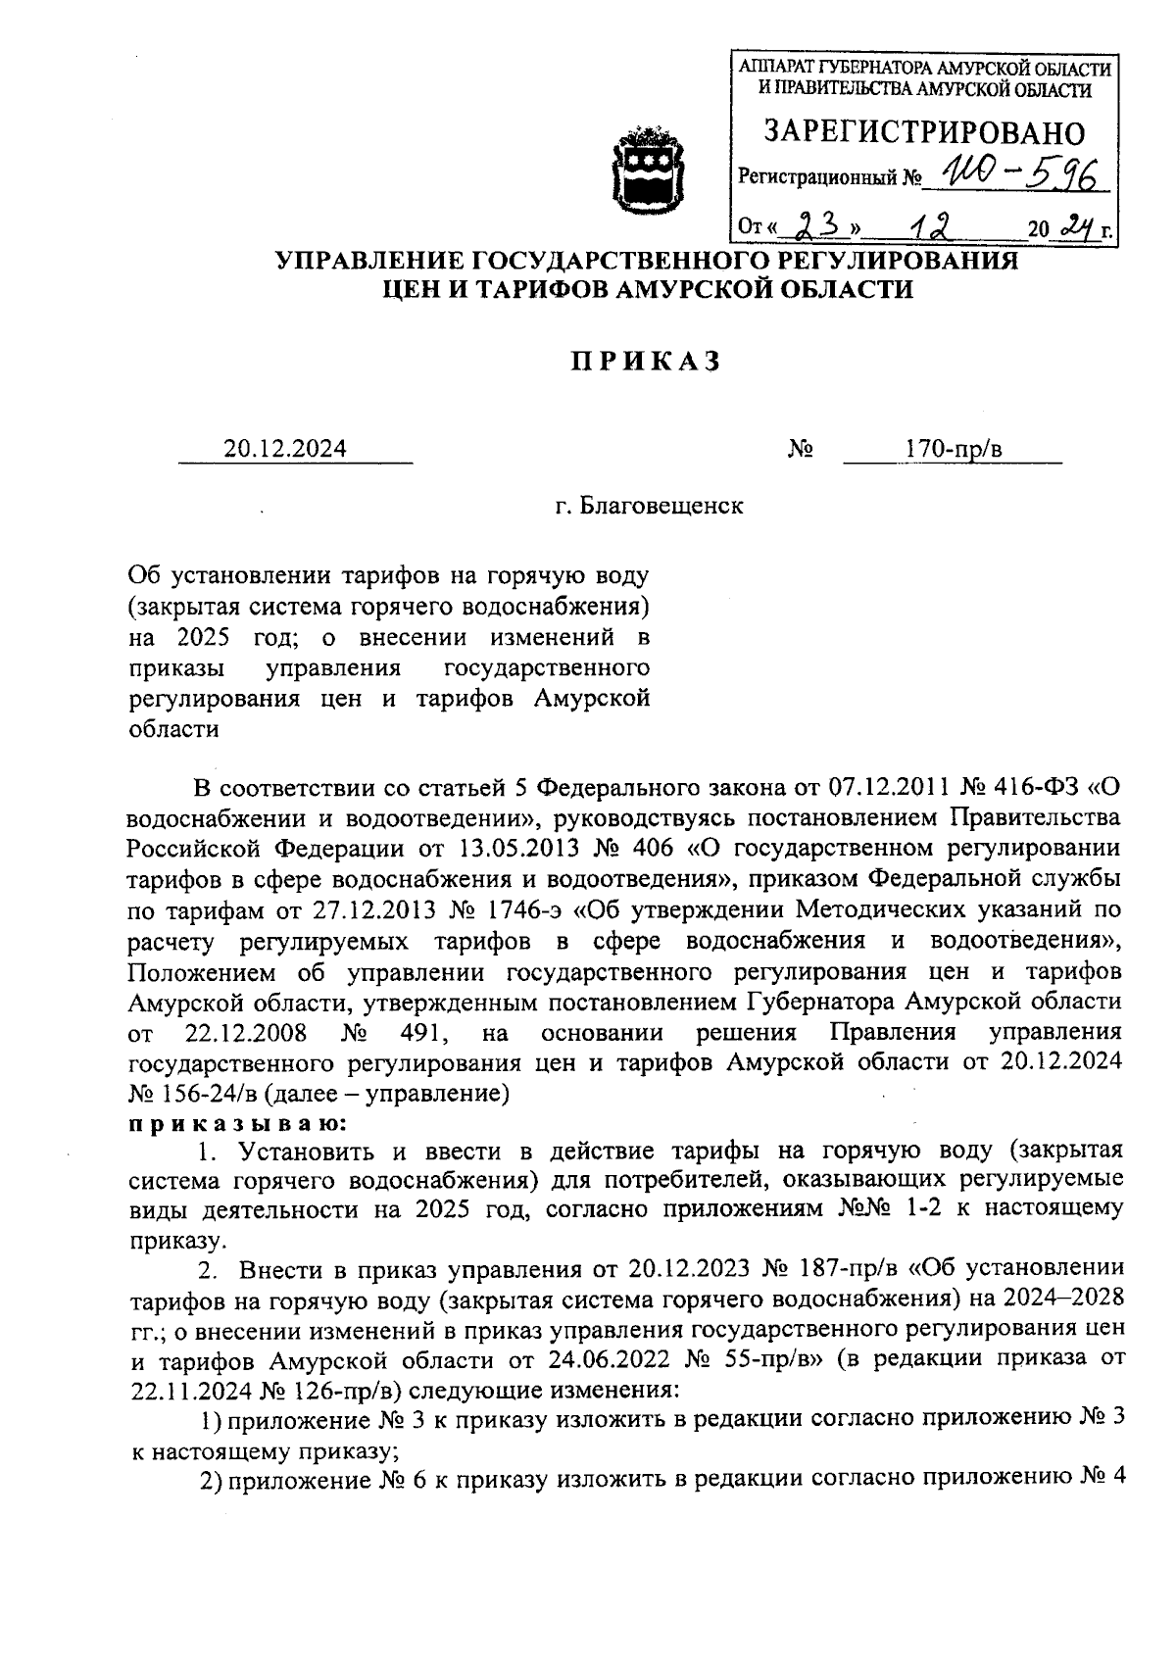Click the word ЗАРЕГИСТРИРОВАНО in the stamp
pos(924,132)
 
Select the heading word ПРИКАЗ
pos(646,362)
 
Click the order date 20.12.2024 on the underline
pos(285,449)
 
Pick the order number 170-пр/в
pos(954,449)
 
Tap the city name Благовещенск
pos(661,507)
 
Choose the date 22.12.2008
pos(246,1033)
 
